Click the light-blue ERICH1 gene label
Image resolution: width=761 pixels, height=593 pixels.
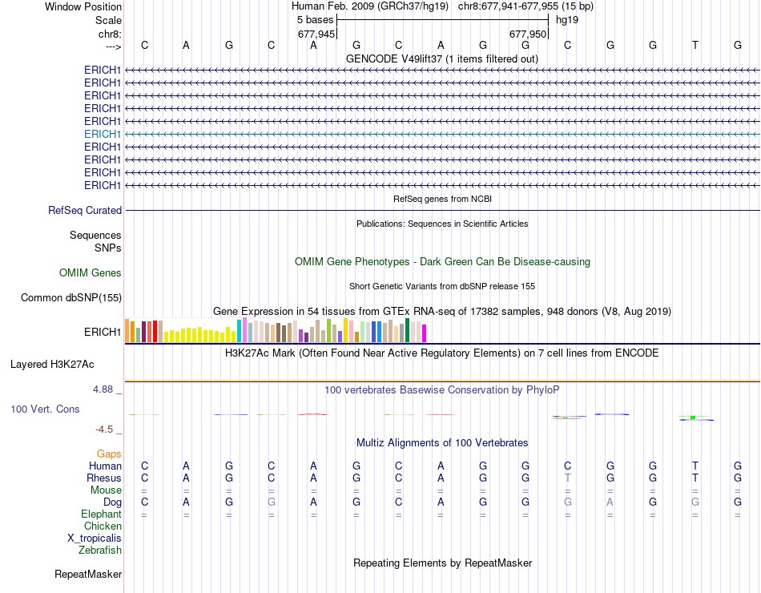103,134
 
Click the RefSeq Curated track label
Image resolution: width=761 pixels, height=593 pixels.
85,210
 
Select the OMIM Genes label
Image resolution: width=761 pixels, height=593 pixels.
91,273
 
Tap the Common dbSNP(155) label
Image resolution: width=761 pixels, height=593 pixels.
71,298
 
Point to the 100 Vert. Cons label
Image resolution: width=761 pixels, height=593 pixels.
45,409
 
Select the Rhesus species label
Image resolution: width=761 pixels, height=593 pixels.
103,478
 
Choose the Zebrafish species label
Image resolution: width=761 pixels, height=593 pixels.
100,550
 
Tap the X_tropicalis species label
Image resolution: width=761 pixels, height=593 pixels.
95,538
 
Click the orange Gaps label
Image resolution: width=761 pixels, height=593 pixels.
109,454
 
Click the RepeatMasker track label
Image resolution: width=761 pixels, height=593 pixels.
88,575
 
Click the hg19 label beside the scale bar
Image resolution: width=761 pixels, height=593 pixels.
567,19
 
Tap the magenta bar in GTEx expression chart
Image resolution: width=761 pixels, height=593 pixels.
425,333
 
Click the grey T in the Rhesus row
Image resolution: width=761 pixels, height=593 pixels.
568,478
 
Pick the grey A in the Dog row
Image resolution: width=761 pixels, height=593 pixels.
610,502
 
